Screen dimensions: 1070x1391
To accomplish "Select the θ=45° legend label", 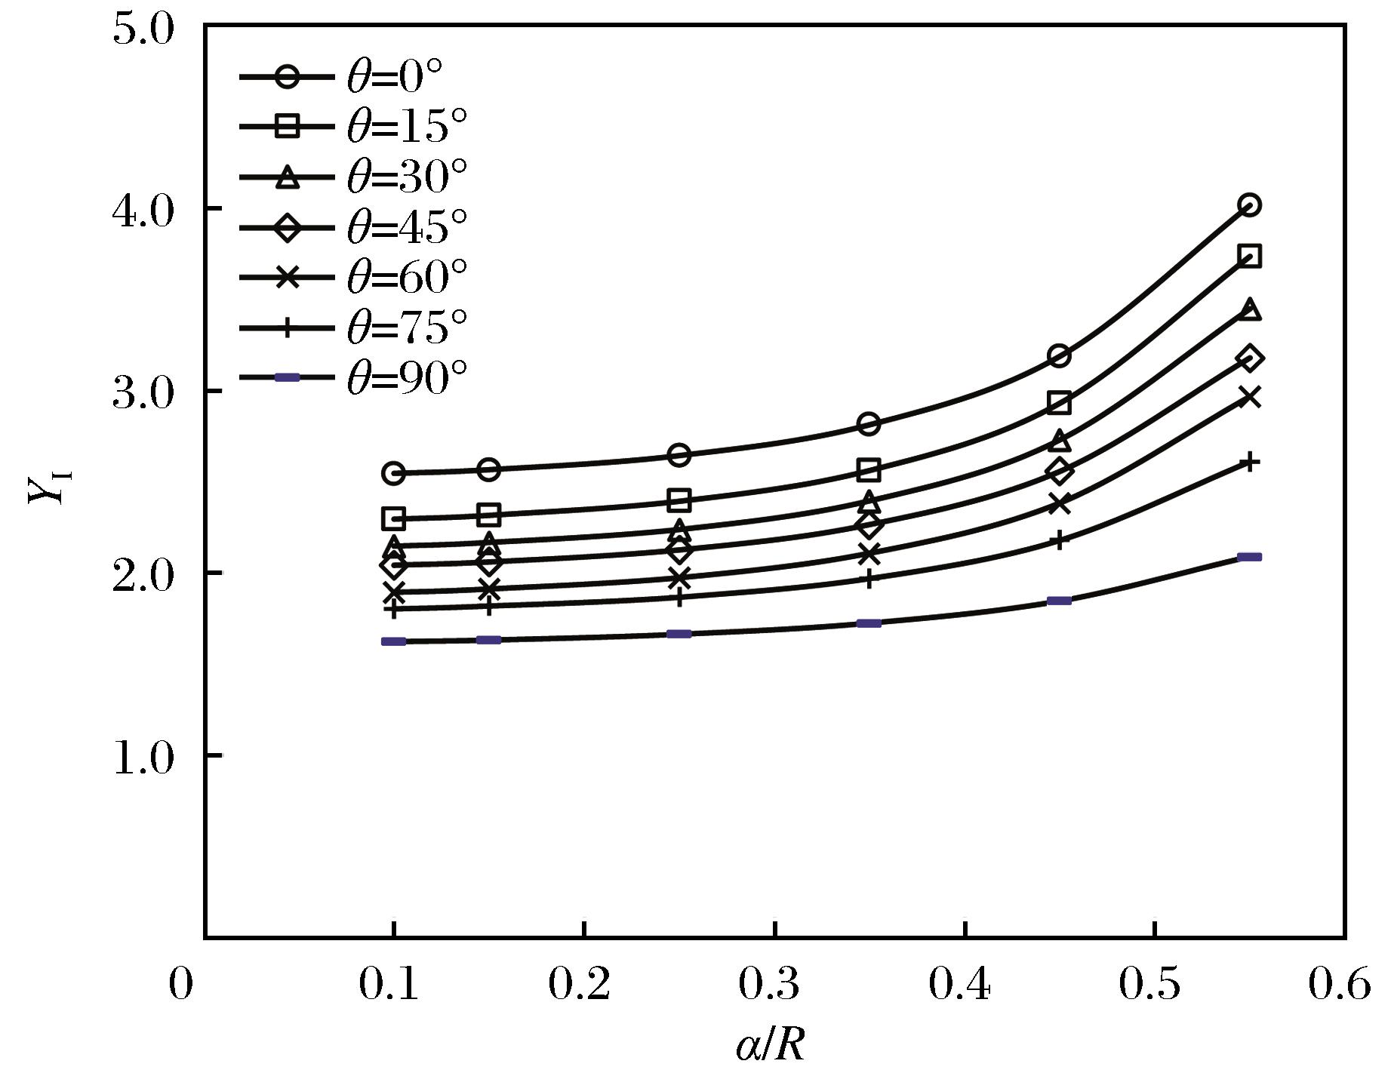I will coord(407,226).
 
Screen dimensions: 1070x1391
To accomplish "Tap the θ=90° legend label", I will coord(407,377).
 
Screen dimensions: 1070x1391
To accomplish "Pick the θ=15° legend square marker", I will coord(287,127).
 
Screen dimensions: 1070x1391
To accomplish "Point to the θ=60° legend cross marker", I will coord(287,277).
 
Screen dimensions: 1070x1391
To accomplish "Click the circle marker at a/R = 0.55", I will coord(1250,204).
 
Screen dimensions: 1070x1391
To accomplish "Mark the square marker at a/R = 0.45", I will coord(1060,404).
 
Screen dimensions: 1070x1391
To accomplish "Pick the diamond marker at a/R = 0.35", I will coord(869,525).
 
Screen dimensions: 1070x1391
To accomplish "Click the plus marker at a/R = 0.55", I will coord(1250,463).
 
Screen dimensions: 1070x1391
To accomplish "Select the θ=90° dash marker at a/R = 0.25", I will coord(679,634).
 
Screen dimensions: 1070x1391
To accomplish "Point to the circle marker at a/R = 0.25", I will coord(679,455).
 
